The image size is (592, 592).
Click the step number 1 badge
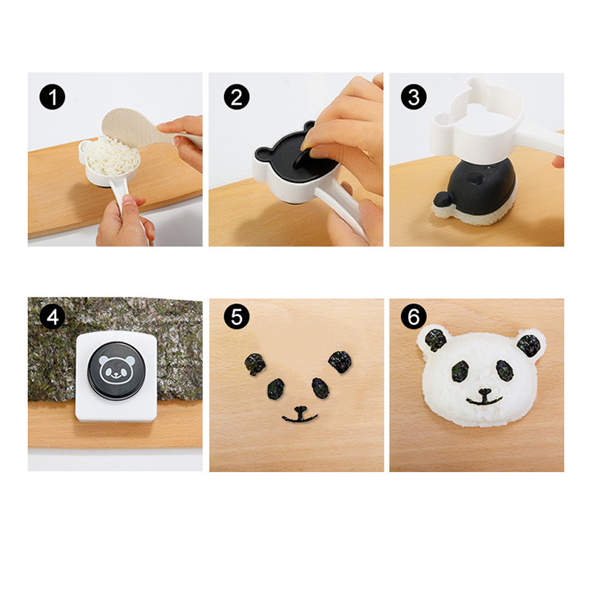52,97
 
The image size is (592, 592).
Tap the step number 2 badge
237,97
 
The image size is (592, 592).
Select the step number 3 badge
414,97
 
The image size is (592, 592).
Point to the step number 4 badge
52,317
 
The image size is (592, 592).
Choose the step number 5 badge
237,317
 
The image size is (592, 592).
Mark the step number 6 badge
414,317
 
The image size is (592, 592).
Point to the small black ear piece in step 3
442,199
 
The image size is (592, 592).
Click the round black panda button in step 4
116,371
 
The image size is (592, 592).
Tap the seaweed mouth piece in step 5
300,414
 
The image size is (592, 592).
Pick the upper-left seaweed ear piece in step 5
255,364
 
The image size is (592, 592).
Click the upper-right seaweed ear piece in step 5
340,362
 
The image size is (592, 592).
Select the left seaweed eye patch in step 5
276,388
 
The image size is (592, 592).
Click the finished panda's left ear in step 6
436,340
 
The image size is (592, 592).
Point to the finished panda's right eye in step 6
505,371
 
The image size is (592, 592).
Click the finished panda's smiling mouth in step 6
485,397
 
